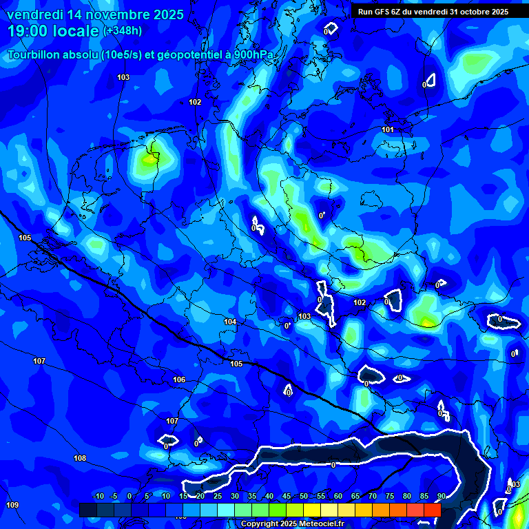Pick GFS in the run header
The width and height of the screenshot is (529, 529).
[385, 12]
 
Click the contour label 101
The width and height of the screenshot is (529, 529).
[388, 129]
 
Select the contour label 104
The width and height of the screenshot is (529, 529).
[230, 322]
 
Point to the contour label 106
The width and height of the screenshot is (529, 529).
[179, 380]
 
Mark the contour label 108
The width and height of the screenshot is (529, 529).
[80, 458]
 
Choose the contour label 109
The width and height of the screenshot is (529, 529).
[12, 505]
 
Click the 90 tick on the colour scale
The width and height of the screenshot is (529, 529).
[441, 496]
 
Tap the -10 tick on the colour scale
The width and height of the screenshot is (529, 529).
[98, 496]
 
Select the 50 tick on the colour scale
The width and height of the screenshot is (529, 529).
[304, 496]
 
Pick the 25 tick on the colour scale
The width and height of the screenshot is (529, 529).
[218, 496]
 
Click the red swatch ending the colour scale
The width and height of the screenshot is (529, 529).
[432, 509]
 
